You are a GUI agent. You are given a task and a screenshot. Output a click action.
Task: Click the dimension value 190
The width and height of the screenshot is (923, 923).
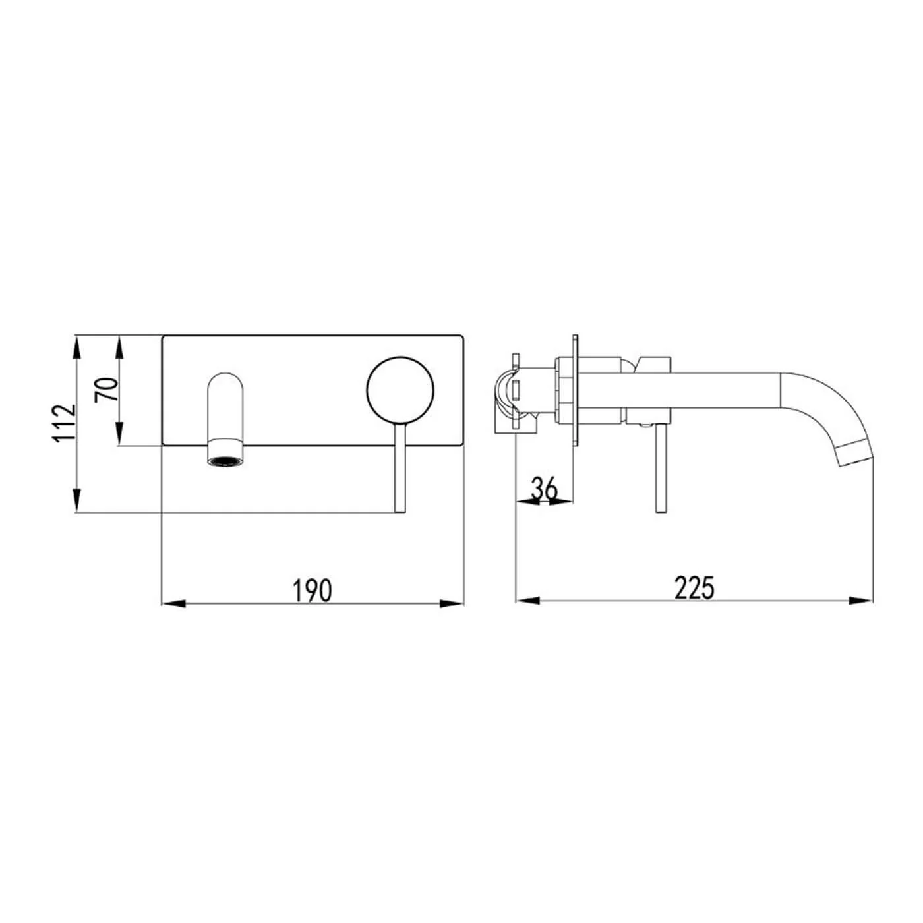(313, 590)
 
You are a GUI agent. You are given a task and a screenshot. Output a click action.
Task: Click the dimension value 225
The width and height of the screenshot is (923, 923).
(694, 587)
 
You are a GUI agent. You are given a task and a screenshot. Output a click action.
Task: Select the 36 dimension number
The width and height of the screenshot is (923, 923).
(545, 489)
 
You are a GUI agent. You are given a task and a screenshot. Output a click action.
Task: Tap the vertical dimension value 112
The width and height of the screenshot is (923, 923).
(65, 423)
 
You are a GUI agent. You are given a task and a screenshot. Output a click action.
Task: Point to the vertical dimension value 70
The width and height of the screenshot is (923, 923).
(107, 390)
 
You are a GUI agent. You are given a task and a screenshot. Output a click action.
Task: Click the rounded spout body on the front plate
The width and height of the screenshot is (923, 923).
(227, 405)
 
